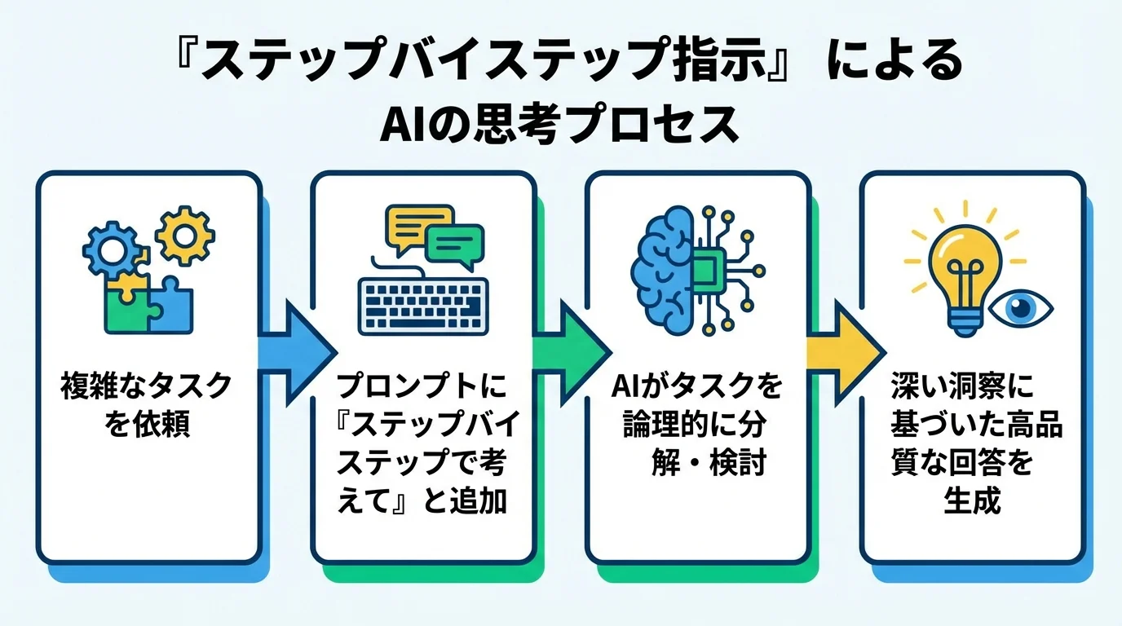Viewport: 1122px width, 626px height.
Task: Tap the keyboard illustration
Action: [x=423, y=306]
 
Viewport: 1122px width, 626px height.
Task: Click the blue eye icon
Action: [x=1020, y=308]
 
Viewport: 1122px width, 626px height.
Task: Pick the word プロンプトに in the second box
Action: [x=422, y=385]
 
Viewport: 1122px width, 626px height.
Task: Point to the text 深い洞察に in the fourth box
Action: [x=961, y=385]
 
